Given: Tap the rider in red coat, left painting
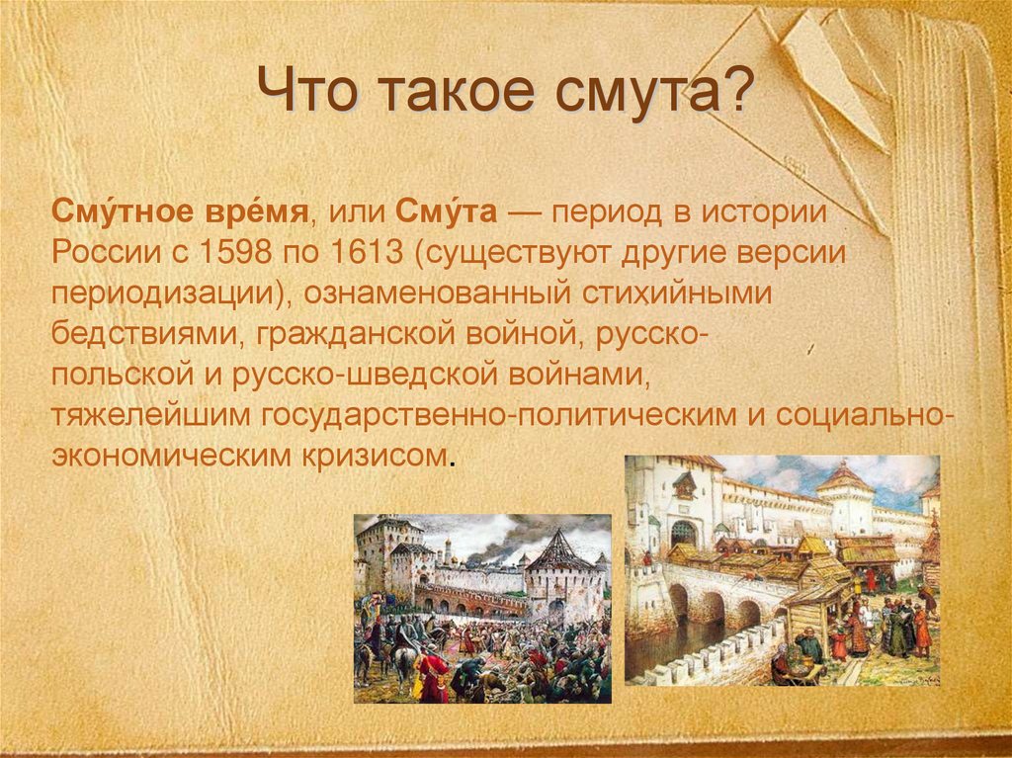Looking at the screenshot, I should coord(432,672).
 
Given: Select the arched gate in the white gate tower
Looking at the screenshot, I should coord(683,534).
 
